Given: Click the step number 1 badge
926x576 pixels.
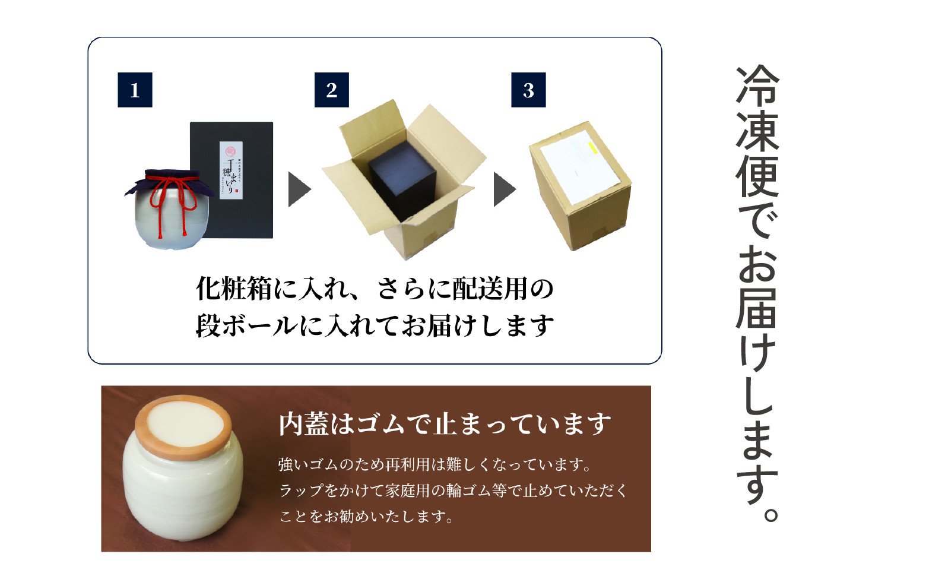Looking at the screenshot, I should (x=135, y=90).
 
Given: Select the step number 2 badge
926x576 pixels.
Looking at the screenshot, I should (x=331, y=90).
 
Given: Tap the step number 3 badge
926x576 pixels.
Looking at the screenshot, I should (x=528, y=90).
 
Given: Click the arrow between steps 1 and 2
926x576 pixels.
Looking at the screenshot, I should (x=299, y=189).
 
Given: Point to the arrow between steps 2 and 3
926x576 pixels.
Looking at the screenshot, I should (x=504, y=189).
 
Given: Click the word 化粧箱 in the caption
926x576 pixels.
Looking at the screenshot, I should (x=234, y=290).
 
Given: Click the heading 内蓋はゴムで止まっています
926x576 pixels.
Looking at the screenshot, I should (x=445, y=425).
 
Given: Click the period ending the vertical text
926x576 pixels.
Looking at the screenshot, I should (x=769, y=513).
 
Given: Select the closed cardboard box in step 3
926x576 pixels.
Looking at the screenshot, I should (x=580, y=187).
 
